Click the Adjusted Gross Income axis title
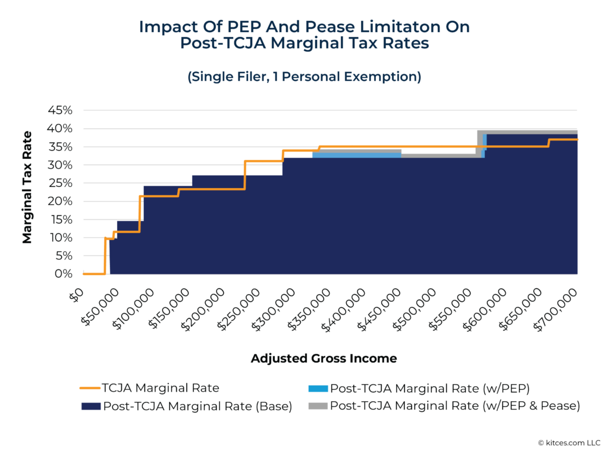(324, 358)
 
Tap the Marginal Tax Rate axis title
(27, 187)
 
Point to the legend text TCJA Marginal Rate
(161, 388)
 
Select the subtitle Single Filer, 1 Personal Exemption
(304, 77)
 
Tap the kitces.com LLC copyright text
(569, 442)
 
